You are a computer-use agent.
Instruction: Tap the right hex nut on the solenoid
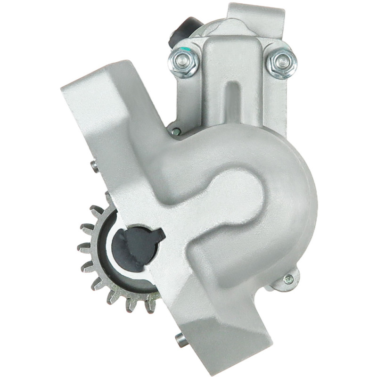[x=281, y=62]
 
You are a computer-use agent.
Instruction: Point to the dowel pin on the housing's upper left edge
[x=94, y=165]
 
